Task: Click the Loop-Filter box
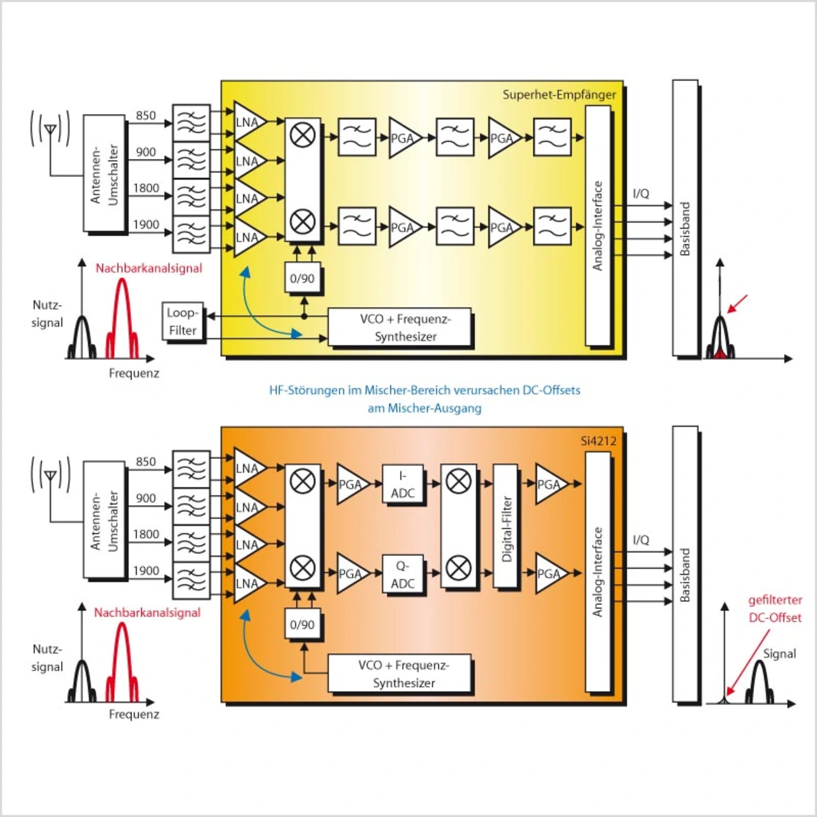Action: coord(183,322)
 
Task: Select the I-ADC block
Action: coord(402,484)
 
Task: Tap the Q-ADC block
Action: coord(402,574)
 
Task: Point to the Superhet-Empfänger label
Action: coord(559,94)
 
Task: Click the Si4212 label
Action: coord(598,440)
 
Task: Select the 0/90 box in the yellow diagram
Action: coord(302,278)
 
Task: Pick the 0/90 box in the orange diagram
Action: coord(302,624)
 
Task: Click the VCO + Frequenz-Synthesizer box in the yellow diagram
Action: coord(400,327)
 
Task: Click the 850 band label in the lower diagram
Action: coord(146,461)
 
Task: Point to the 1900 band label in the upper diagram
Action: coord(146,225)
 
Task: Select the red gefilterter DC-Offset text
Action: coord(775,609)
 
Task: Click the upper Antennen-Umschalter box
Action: coord(104,174)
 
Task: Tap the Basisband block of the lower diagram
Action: coord(685,564)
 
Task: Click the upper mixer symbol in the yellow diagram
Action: coord(303,135)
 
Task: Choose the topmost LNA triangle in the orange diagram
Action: coord(248,468)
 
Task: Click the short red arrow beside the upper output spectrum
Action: coord(737,304)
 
